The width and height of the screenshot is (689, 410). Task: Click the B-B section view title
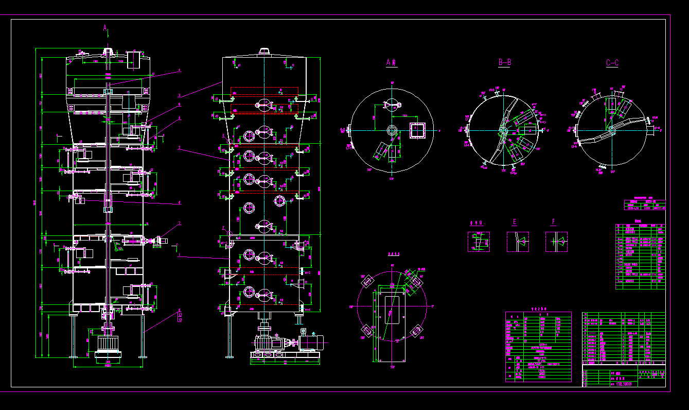[x=505, y=62]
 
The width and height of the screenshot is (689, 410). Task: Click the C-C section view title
[x=612, y=63]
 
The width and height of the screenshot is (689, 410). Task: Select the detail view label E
[x=514, y=223]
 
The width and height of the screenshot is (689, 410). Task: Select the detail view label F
[x=554, y=223]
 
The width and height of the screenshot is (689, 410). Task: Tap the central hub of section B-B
[x=502, y=130]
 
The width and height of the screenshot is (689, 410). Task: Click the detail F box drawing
[x=557, y=242]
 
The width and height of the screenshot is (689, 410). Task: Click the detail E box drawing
[x=518, y=242]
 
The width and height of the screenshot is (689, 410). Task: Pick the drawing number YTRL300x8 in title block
[x=623, y=384]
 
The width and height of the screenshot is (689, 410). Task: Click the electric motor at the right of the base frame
[x=310, y=341]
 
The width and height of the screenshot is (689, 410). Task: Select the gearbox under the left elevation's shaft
[x=108, y=345]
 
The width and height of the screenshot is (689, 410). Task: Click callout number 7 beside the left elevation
[x=180, y=223]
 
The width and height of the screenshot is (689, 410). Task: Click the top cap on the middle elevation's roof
[x=264, y=52]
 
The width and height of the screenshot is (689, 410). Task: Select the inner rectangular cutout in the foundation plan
[x=392, y=309]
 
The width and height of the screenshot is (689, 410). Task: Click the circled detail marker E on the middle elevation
[x=224, y=136]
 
